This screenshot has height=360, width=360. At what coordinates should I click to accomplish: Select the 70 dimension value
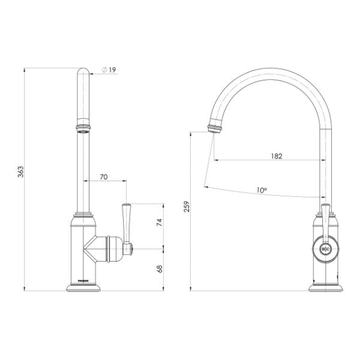tap(103, 177)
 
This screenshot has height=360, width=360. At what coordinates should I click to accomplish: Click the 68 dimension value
tap(160, 269)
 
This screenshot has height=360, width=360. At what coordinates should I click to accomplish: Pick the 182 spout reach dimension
tap(275, 155)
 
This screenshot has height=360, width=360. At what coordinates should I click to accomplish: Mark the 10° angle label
tap(262, 190)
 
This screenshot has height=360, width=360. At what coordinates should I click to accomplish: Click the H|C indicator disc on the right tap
tap(325, 247)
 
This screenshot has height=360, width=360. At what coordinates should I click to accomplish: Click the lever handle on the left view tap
tap(127, 219)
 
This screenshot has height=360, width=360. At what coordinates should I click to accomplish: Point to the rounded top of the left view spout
tap(83, 73)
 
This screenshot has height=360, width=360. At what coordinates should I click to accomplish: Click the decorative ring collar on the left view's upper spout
tap(83, 127)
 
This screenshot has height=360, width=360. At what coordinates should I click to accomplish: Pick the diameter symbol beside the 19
tap(104, 70)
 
